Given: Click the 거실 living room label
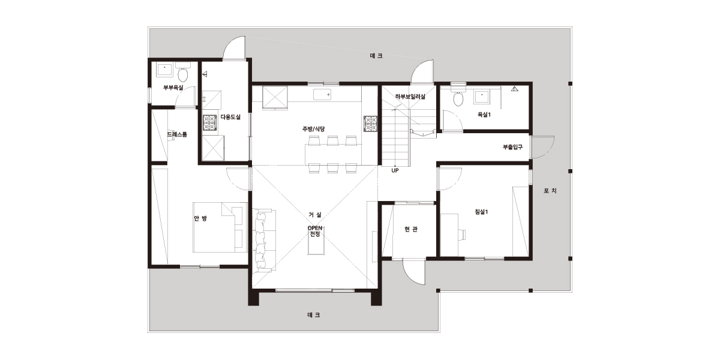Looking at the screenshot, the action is [x=314, y=214].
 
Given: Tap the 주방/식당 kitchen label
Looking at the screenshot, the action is [x=313, y=129].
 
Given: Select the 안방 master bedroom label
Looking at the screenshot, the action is [x=200, y=218].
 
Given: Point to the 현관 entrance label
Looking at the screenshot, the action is [x=411, y=229].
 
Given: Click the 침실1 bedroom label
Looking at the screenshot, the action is [x=481, y=212].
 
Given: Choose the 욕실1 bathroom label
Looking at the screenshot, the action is [x=484, y=115].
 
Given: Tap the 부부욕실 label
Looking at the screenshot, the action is [x=173, y=88].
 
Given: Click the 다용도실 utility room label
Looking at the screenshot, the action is [x=230, y=117].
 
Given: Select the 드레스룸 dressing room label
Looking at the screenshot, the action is [x=177, y=134].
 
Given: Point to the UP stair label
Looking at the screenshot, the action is [x=395, y=170].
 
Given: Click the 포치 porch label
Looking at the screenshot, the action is [x=550, y=191].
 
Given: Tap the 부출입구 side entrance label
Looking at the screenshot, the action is [x=512, y=147].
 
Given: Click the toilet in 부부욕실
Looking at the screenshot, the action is [x=183, y=73].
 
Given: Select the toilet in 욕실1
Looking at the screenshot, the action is [x=458, y=98].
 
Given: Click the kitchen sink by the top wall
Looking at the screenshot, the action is [x=322, y=95].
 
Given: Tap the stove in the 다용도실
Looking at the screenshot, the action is [x=209, y=123].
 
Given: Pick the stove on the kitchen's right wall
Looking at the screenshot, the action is [x=371, y=124].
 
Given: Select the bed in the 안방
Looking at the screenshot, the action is [x=220, y=227].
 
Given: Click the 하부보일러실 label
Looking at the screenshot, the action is [x=410, y=97].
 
